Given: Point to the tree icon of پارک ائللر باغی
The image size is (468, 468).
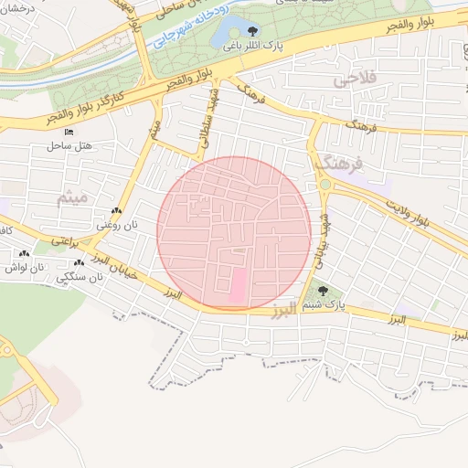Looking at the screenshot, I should (252, 29).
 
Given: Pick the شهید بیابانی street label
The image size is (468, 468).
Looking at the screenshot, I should (322, 239).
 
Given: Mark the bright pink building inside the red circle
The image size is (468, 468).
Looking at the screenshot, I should (236, 285).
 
